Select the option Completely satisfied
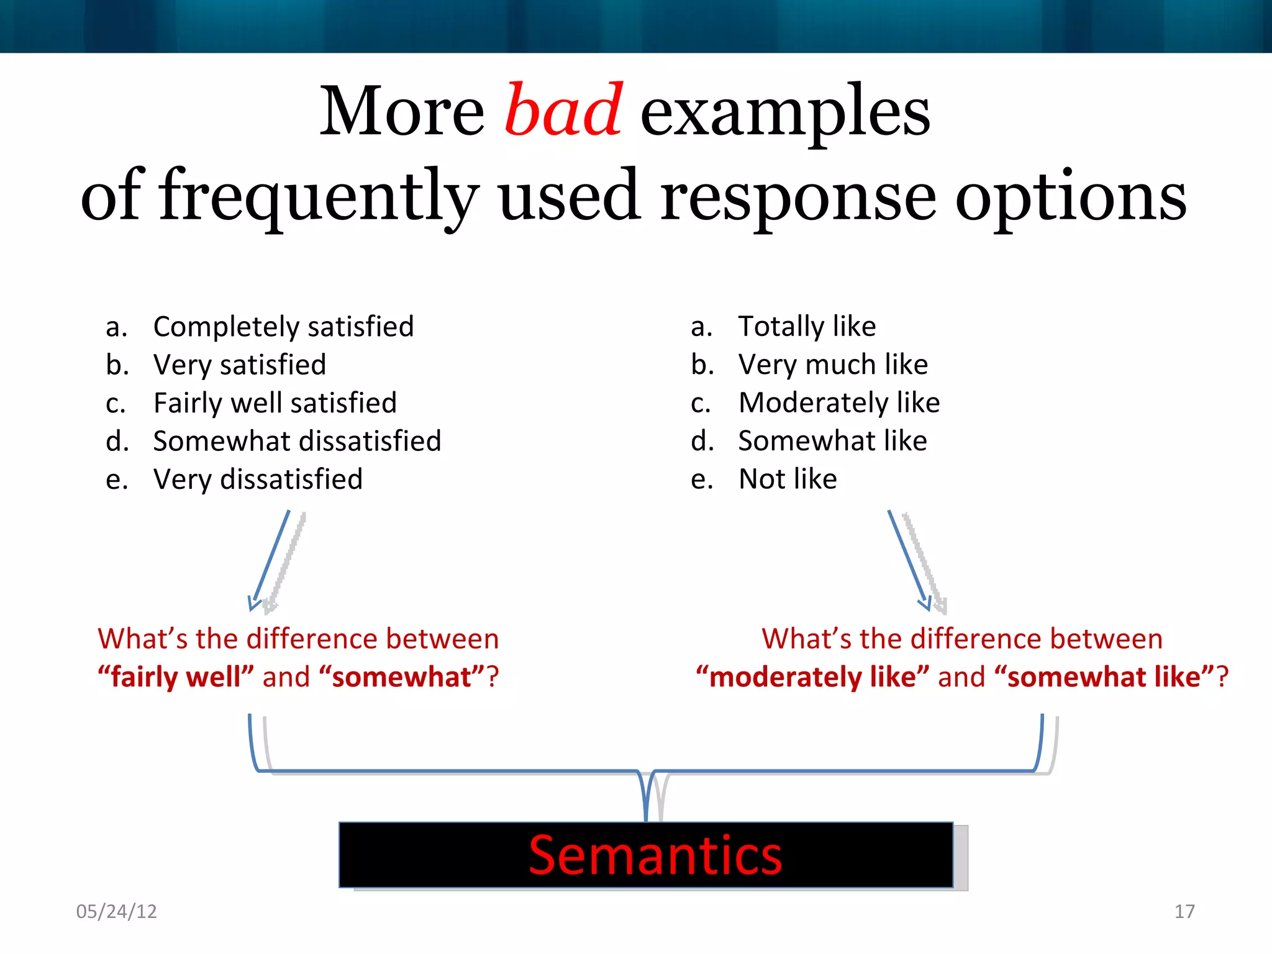point(283,327)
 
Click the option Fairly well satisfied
point(275,403)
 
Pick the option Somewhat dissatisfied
point(297,442)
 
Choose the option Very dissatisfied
point(258,479)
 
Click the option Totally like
point(807,327)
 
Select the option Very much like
point(833,365)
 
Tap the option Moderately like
point(838,403)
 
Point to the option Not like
point(788,479)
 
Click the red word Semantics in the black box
point(655,856)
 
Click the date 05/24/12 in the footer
point(116,911)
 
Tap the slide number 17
point(1184,911)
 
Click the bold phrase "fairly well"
point(176,677)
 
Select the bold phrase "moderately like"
point(812,677)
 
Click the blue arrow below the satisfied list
point(271,559)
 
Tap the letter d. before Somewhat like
point(702,442)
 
